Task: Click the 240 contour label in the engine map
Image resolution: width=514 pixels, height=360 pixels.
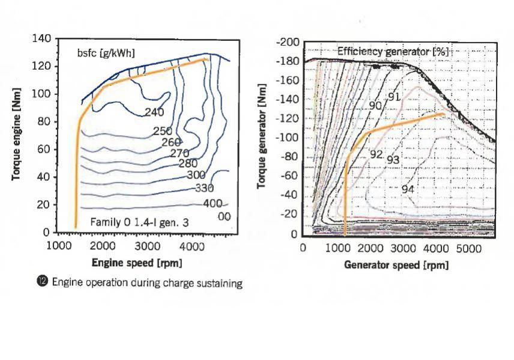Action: coord(154,112)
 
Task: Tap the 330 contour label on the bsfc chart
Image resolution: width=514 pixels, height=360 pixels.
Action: coord(205,189)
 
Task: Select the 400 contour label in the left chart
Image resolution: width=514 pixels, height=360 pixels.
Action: coord(213,204)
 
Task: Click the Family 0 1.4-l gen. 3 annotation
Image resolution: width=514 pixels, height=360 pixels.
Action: coord(139,222)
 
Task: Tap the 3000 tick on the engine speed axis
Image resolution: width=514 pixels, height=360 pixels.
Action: coord(147,245)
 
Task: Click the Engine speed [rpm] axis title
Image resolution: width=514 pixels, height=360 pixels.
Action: coord(136,263)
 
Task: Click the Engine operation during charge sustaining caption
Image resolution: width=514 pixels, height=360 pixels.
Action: coord(147,283)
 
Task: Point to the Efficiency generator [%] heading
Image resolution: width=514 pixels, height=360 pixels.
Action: coord(393,52)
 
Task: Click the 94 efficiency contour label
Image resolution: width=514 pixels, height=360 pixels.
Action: coord(408,189)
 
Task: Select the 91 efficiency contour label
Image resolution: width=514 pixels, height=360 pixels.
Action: coord(394,97)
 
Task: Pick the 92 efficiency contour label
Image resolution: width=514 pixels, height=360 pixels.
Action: coord(376,154)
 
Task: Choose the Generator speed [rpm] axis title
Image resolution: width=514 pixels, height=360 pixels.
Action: coord(396,264)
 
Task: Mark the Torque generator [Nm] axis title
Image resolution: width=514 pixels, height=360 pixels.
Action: coord(262,140)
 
